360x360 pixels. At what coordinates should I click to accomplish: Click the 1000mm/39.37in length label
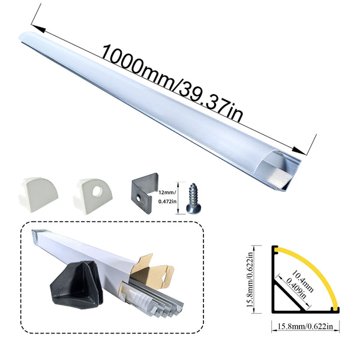172,83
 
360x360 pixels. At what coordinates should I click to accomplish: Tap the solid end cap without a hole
38,194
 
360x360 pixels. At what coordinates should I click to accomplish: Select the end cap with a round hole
93,196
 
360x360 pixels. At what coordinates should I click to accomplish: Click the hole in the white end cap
97,191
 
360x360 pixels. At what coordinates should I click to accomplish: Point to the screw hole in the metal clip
138,198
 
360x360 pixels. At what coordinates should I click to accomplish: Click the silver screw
193,199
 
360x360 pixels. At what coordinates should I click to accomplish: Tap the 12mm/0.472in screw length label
167,197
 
